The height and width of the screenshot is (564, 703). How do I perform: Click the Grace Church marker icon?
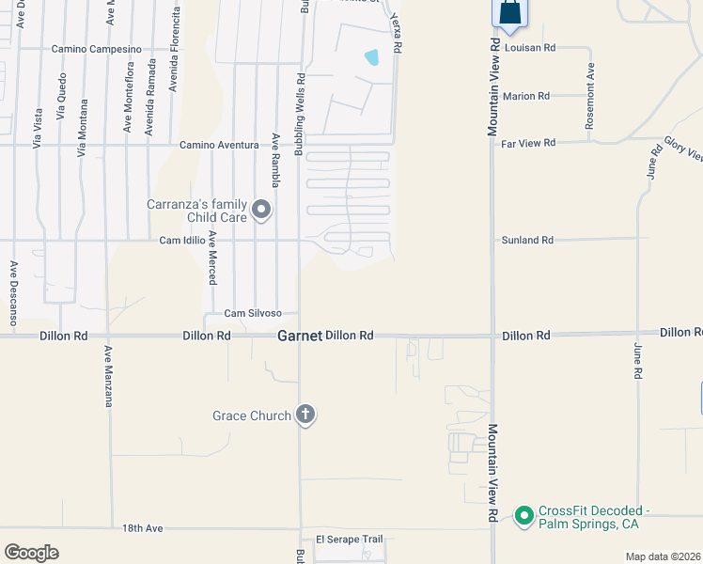305,415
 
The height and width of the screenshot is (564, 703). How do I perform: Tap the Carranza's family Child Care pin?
261,210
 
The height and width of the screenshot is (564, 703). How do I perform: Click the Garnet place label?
300,336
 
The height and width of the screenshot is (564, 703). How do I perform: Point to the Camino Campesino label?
96,48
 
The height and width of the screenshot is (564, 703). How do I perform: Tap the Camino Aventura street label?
219,145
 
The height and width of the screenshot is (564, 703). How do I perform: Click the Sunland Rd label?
527,240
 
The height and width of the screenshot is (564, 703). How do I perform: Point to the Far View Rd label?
529,143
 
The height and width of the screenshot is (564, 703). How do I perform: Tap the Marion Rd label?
526,96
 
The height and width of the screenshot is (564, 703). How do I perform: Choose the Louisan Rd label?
530,46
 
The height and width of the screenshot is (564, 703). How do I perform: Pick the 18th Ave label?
143,529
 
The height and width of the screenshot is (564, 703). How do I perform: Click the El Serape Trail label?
350,540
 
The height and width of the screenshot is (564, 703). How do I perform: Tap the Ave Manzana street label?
109,375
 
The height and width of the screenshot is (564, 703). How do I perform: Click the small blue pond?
372,57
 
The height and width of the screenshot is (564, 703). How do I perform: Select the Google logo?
31,553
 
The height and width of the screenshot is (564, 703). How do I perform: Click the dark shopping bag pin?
508,13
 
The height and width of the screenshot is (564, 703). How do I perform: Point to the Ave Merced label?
213,258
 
